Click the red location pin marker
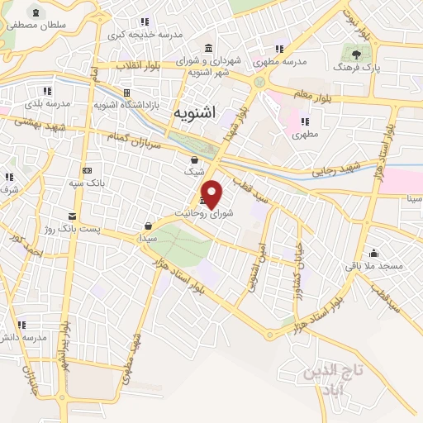point(212,193)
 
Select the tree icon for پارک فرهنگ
point(356,55)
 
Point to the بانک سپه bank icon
point(87,169)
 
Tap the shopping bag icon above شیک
point(194,160)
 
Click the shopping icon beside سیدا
point(149,225)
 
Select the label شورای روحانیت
point(216,213)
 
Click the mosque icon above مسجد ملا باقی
point(373,254)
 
